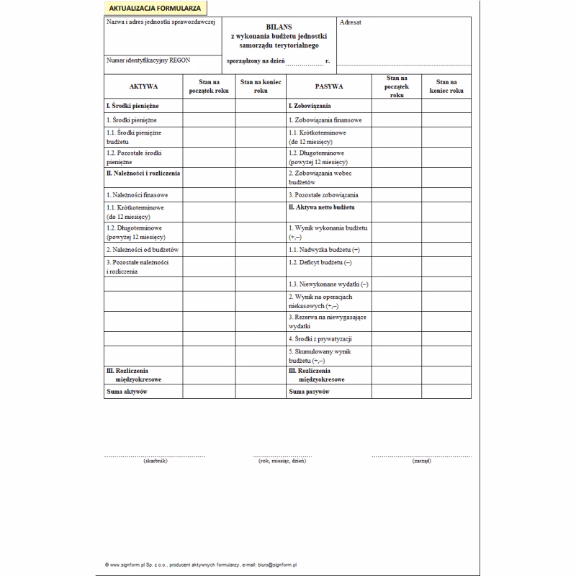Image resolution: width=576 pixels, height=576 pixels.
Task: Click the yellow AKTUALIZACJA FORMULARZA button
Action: click(x=156, y=8)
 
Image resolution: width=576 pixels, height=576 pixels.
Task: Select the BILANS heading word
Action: click(x=279, y=25)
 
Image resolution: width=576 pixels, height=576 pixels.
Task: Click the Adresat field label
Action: click(x=351, y=22)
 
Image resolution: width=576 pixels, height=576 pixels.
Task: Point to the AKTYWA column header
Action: click(x=143, y=86)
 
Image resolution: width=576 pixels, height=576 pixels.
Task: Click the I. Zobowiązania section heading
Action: click(x=310, y=106)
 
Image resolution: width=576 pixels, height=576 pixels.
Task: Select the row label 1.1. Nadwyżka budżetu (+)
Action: click(x=324, y=249)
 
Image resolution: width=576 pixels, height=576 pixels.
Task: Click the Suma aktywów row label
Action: click(x=127, y=392)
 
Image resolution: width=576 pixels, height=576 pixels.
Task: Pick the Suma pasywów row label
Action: click(x=309, y=392)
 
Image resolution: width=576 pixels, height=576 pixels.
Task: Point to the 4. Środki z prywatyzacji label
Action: click(x=320, y=338)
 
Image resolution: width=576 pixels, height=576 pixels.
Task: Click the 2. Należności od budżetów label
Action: click(x=142, y=249)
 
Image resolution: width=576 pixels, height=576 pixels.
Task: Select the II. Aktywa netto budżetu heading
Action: click(x=322, y=207)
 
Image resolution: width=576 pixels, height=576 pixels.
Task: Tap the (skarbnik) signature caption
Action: click(x=156, y=460)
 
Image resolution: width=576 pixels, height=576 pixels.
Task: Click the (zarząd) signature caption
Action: click(x=422, y=460)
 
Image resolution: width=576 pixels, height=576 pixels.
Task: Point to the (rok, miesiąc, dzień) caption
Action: click(x=282, y=460)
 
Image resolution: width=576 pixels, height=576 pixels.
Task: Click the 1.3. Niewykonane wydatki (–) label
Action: click(x=328, y=284)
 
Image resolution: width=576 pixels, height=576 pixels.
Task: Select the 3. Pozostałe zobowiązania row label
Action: click(x=323, y=195)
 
